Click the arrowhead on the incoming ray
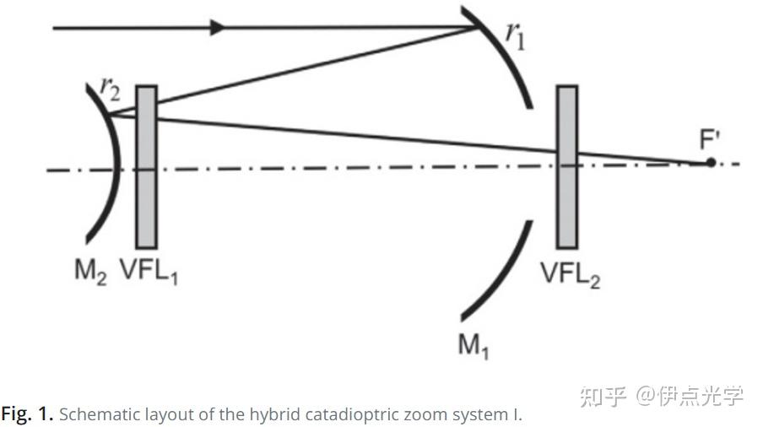218,27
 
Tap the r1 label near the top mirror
514,35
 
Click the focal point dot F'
711,161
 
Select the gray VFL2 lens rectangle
567,165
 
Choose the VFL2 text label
571,275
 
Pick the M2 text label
90,273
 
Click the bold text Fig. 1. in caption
27,414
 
